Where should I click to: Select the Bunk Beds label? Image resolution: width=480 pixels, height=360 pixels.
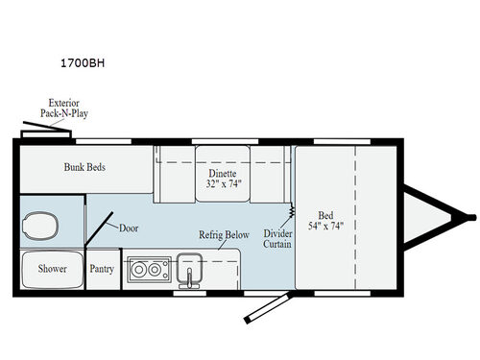[84, 167]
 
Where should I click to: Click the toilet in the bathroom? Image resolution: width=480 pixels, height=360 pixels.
[40, 227]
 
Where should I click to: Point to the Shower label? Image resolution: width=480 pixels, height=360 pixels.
[53, 269]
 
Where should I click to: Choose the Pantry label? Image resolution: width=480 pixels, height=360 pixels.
[102, 269]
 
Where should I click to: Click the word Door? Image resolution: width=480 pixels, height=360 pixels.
[130, 228]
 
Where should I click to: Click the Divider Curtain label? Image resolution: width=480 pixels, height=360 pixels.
[278, 238]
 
